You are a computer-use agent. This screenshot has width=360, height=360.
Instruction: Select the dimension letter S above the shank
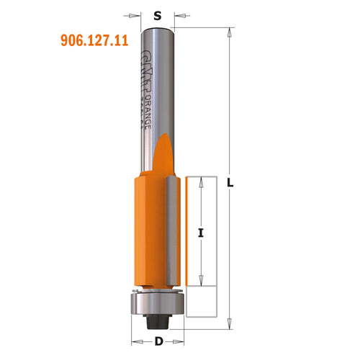click(157, 13)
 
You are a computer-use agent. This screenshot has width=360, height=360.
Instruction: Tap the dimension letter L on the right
click(230, 183)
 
